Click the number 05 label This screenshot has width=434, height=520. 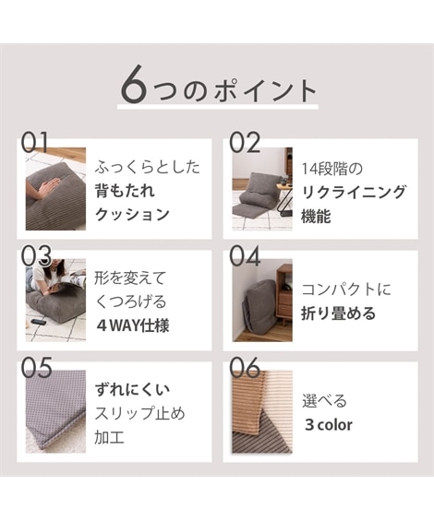[x=35, y=367]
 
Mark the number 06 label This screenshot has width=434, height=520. [x=246, y=367]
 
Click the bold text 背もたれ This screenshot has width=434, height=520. [x=125, y=191]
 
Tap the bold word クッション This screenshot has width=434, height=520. [x=133, y=214]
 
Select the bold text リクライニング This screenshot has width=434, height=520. [x=354, y=191]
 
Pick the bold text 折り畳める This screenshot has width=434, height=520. [x=338, y=313]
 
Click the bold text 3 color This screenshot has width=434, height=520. [x=328, y=425]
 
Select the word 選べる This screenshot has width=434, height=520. [x=324, y=401]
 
